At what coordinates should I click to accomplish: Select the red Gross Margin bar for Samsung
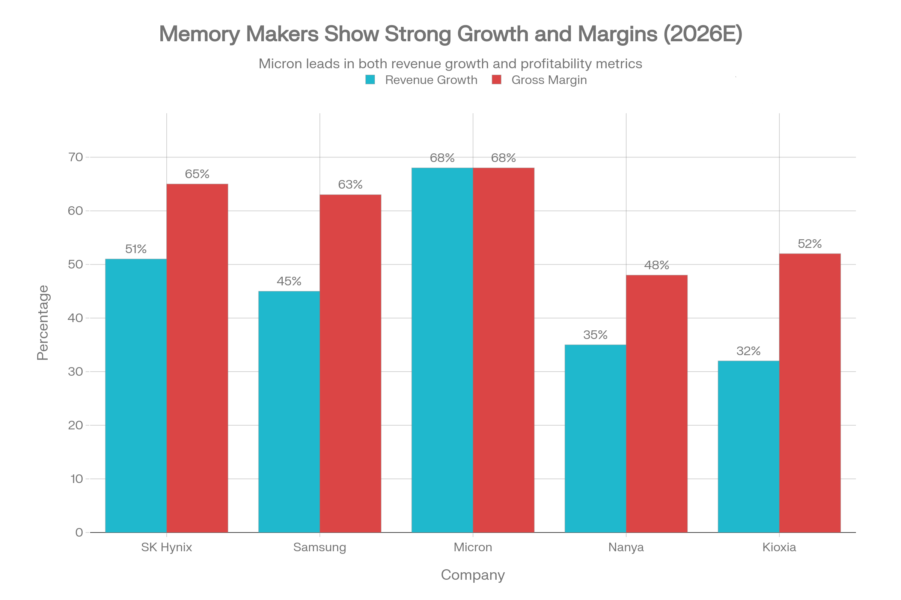351,363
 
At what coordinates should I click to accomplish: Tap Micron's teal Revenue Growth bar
442,350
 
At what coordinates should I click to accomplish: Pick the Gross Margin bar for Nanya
657,403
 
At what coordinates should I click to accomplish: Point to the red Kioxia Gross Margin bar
810,393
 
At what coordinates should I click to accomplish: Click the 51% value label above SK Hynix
136,249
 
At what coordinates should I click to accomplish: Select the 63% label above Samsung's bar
350,185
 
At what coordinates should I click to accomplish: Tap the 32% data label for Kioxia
748,351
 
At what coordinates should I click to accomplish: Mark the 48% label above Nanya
657,265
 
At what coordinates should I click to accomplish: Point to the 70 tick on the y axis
75,157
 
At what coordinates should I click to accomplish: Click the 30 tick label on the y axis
75,372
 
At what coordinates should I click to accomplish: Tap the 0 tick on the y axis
79,532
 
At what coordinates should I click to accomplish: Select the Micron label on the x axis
473,547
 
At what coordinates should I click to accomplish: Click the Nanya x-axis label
626,547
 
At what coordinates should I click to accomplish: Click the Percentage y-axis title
43,322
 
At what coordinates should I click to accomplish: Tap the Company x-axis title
473,575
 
